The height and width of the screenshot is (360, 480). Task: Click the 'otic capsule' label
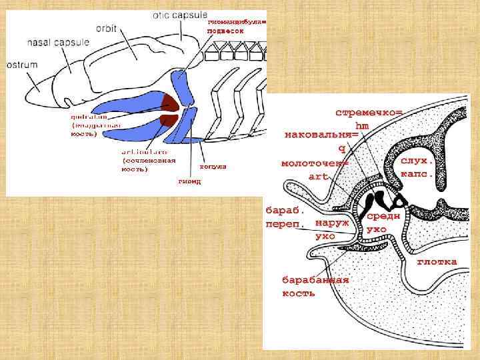click(179, 15)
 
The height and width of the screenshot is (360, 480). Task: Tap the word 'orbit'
click(107, 28)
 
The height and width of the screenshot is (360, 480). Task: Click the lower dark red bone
click(168, 119)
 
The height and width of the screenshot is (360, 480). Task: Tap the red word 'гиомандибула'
click(236, 22)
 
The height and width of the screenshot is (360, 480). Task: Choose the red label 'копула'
click(213, 166)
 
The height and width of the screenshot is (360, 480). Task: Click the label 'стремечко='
click(368, 113)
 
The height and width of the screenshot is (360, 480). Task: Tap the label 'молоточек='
click(315, 163)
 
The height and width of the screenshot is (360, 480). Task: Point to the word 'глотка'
click(437, 261)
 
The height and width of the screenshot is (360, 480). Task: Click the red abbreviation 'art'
click(319, 176)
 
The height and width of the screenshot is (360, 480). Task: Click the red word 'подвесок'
click(230, 31)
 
